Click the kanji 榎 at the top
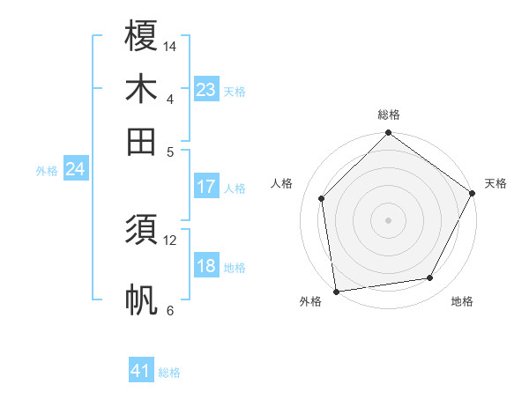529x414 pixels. click(x=141, y=36)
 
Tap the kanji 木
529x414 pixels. click(x=141, y=89)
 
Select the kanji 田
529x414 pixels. click(x=141, y=141)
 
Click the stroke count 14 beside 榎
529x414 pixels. click(x=170, y=46)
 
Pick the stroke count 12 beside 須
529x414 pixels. click(x=170, y=240)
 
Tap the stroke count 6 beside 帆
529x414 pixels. click(x=170, y=310)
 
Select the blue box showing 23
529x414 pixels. click(x=206, y=90)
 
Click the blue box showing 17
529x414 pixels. click(x=206, y=187)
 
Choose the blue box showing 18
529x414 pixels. click(x=206, y=266)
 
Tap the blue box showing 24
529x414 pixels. click(x=75, y=169)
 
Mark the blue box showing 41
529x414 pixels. click(x=141, y=371)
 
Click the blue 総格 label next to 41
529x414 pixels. click(x=169, y=373)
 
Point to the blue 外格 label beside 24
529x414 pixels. click(x=47, y=171)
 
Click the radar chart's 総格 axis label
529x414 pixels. click(x=388, y=115)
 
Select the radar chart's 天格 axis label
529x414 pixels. click(x=495, y=183)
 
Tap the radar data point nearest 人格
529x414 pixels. click(x=322, y=198)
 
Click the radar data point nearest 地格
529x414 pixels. click(x=430, y=278)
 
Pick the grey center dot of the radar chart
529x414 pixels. click(x=388, y=219)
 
